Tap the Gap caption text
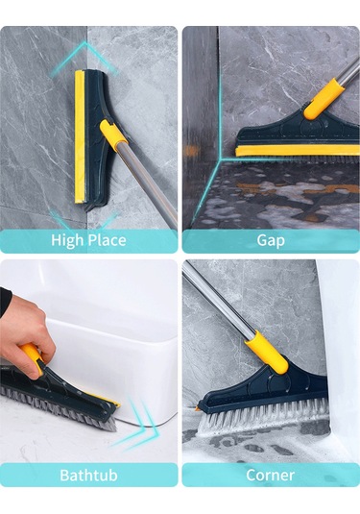click(x=271, y=241)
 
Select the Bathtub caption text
click(x=88, y=475)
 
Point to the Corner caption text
click(x=271, y=475)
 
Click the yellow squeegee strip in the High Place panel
click(x=80, y=136)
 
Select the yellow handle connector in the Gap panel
click(x=324, y=98)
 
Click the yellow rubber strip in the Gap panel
click(x=297, y=151)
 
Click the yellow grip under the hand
click(x=32, y=357)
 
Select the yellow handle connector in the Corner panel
click(x=266, y=352)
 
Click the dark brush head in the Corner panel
click(x=266, y=387)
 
